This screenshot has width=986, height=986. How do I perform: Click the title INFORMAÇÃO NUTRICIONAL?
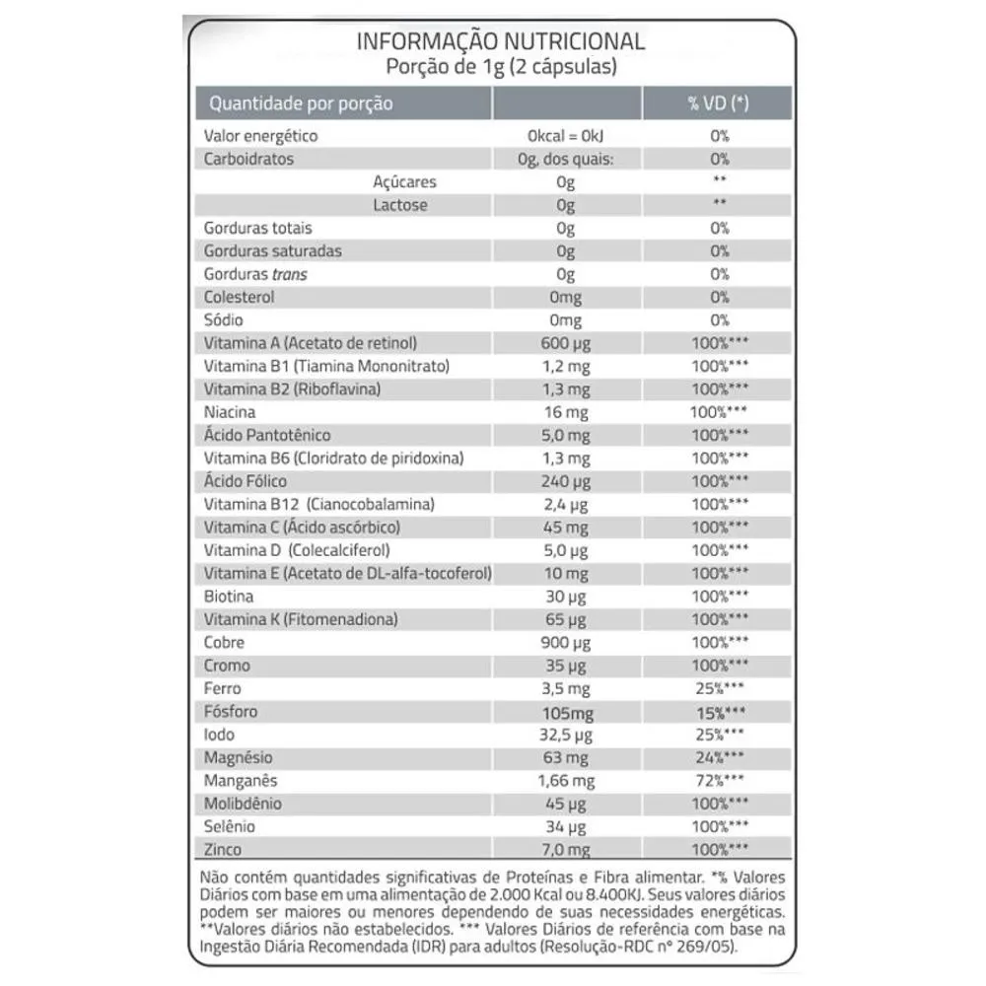pos(500,41)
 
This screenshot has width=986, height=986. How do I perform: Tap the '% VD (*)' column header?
pos(718,104)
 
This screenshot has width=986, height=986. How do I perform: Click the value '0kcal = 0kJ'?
pos(565,136)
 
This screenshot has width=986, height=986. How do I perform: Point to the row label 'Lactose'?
pos(400,205)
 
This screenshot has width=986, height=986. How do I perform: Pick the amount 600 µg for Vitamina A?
pos(565,343)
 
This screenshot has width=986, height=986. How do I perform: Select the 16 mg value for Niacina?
pos(565,412)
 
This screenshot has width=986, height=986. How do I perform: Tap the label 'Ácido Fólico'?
pos(246,481)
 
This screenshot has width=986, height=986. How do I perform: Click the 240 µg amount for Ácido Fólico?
pos(565,481)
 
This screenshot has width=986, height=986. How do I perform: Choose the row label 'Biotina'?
pos(228,597)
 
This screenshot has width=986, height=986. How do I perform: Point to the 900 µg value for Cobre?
pos(565,643)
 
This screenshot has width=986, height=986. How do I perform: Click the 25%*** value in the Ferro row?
pos(718,688)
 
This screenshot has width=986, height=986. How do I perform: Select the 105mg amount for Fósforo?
pos(565,712)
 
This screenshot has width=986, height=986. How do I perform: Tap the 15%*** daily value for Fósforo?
pos(718,712)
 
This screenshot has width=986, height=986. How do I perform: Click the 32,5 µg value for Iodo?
pos(565,735)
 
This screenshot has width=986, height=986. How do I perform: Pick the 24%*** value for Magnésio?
pos(718,757)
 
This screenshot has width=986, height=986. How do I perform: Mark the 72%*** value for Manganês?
pos(718,781)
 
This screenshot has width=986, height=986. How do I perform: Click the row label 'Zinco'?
pos(223,850)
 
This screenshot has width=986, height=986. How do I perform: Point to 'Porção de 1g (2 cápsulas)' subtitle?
pos(500,67)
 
